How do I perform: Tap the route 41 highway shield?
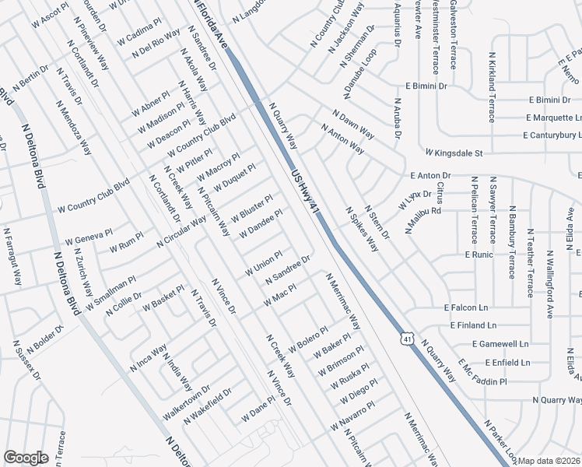click(x=406, y=338)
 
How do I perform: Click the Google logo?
click(x=26, y=458)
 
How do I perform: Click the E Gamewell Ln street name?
click(x=500, y=343)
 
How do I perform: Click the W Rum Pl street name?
click(x=126, y=243)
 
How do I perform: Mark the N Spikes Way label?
click(x=362, y=230)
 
